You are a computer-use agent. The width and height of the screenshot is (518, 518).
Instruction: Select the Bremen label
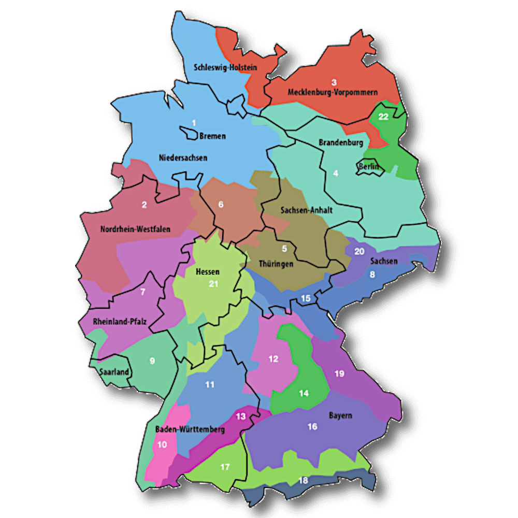point(212,136)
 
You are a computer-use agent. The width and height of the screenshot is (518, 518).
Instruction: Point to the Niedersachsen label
point(183,157)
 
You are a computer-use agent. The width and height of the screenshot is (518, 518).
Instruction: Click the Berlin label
point(369,166)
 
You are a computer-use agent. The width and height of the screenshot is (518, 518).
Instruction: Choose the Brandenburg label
point(341,142)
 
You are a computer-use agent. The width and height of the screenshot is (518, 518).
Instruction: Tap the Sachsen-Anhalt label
point(306,210)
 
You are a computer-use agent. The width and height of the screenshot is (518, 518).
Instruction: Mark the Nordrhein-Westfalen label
point(135,229)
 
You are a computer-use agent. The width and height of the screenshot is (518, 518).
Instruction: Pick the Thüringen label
point(276,264)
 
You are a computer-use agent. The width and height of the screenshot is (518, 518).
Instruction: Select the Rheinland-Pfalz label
point(120,322)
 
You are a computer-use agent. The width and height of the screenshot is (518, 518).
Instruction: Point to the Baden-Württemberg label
point(190,429)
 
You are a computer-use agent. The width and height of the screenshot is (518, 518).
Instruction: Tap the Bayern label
point(340,415)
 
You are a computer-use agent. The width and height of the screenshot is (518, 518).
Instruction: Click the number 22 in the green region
point(383,117)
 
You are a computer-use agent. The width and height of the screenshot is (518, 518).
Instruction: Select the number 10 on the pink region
point(162,444)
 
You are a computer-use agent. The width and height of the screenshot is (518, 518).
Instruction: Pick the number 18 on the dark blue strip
point(304,481)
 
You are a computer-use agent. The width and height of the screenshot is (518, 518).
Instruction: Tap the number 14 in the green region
point(304,394)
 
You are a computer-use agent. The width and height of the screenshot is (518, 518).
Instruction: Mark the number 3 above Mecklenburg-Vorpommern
point(334,82)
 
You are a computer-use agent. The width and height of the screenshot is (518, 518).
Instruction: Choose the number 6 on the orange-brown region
point(221,205)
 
